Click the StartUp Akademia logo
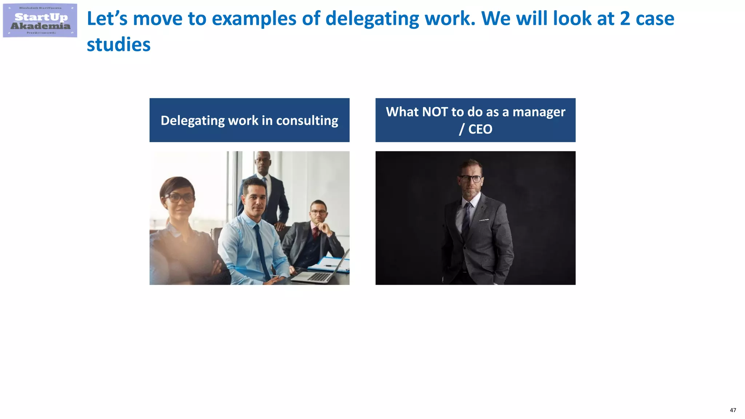40,20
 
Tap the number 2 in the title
625,19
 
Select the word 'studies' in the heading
119,45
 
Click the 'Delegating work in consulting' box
249,120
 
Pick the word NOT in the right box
435,112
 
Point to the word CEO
480,129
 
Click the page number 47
733,410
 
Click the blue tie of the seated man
262,251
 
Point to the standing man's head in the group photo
263,162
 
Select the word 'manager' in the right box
539,112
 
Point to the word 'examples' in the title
254,19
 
